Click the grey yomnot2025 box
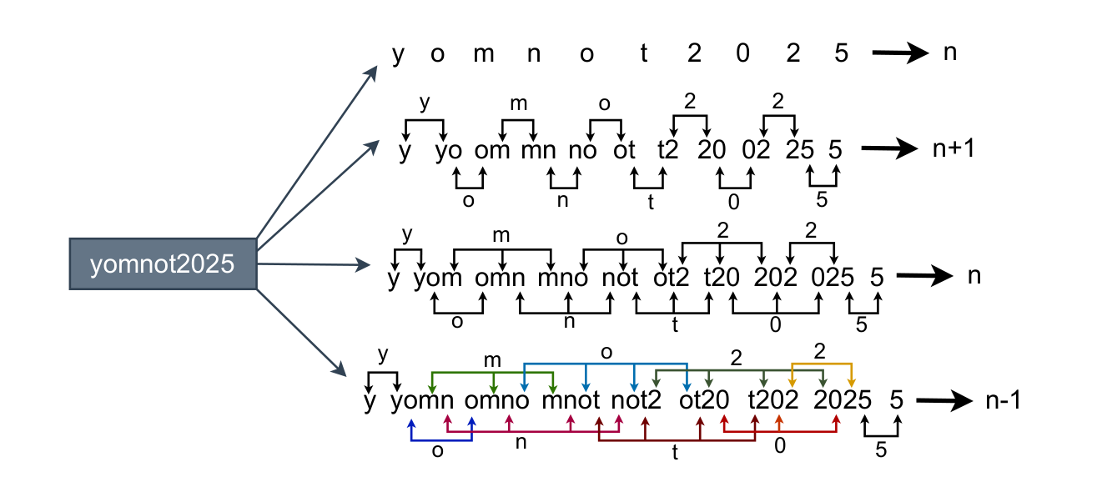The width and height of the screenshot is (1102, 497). tap(163, 264)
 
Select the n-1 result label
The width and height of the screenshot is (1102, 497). tap(1002, 400)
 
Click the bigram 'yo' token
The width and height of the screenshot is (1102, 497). tap(450, 151)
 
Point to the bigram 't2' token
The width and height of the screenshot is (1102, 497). tap(668, 151)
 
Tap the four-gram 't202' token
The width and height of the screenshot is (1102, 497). tap(775, 401)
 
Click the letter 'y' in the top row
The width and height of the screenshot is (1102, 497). tap(398, 54)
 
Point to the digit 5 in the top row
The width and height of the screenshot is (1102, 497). tap(841, 53)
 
